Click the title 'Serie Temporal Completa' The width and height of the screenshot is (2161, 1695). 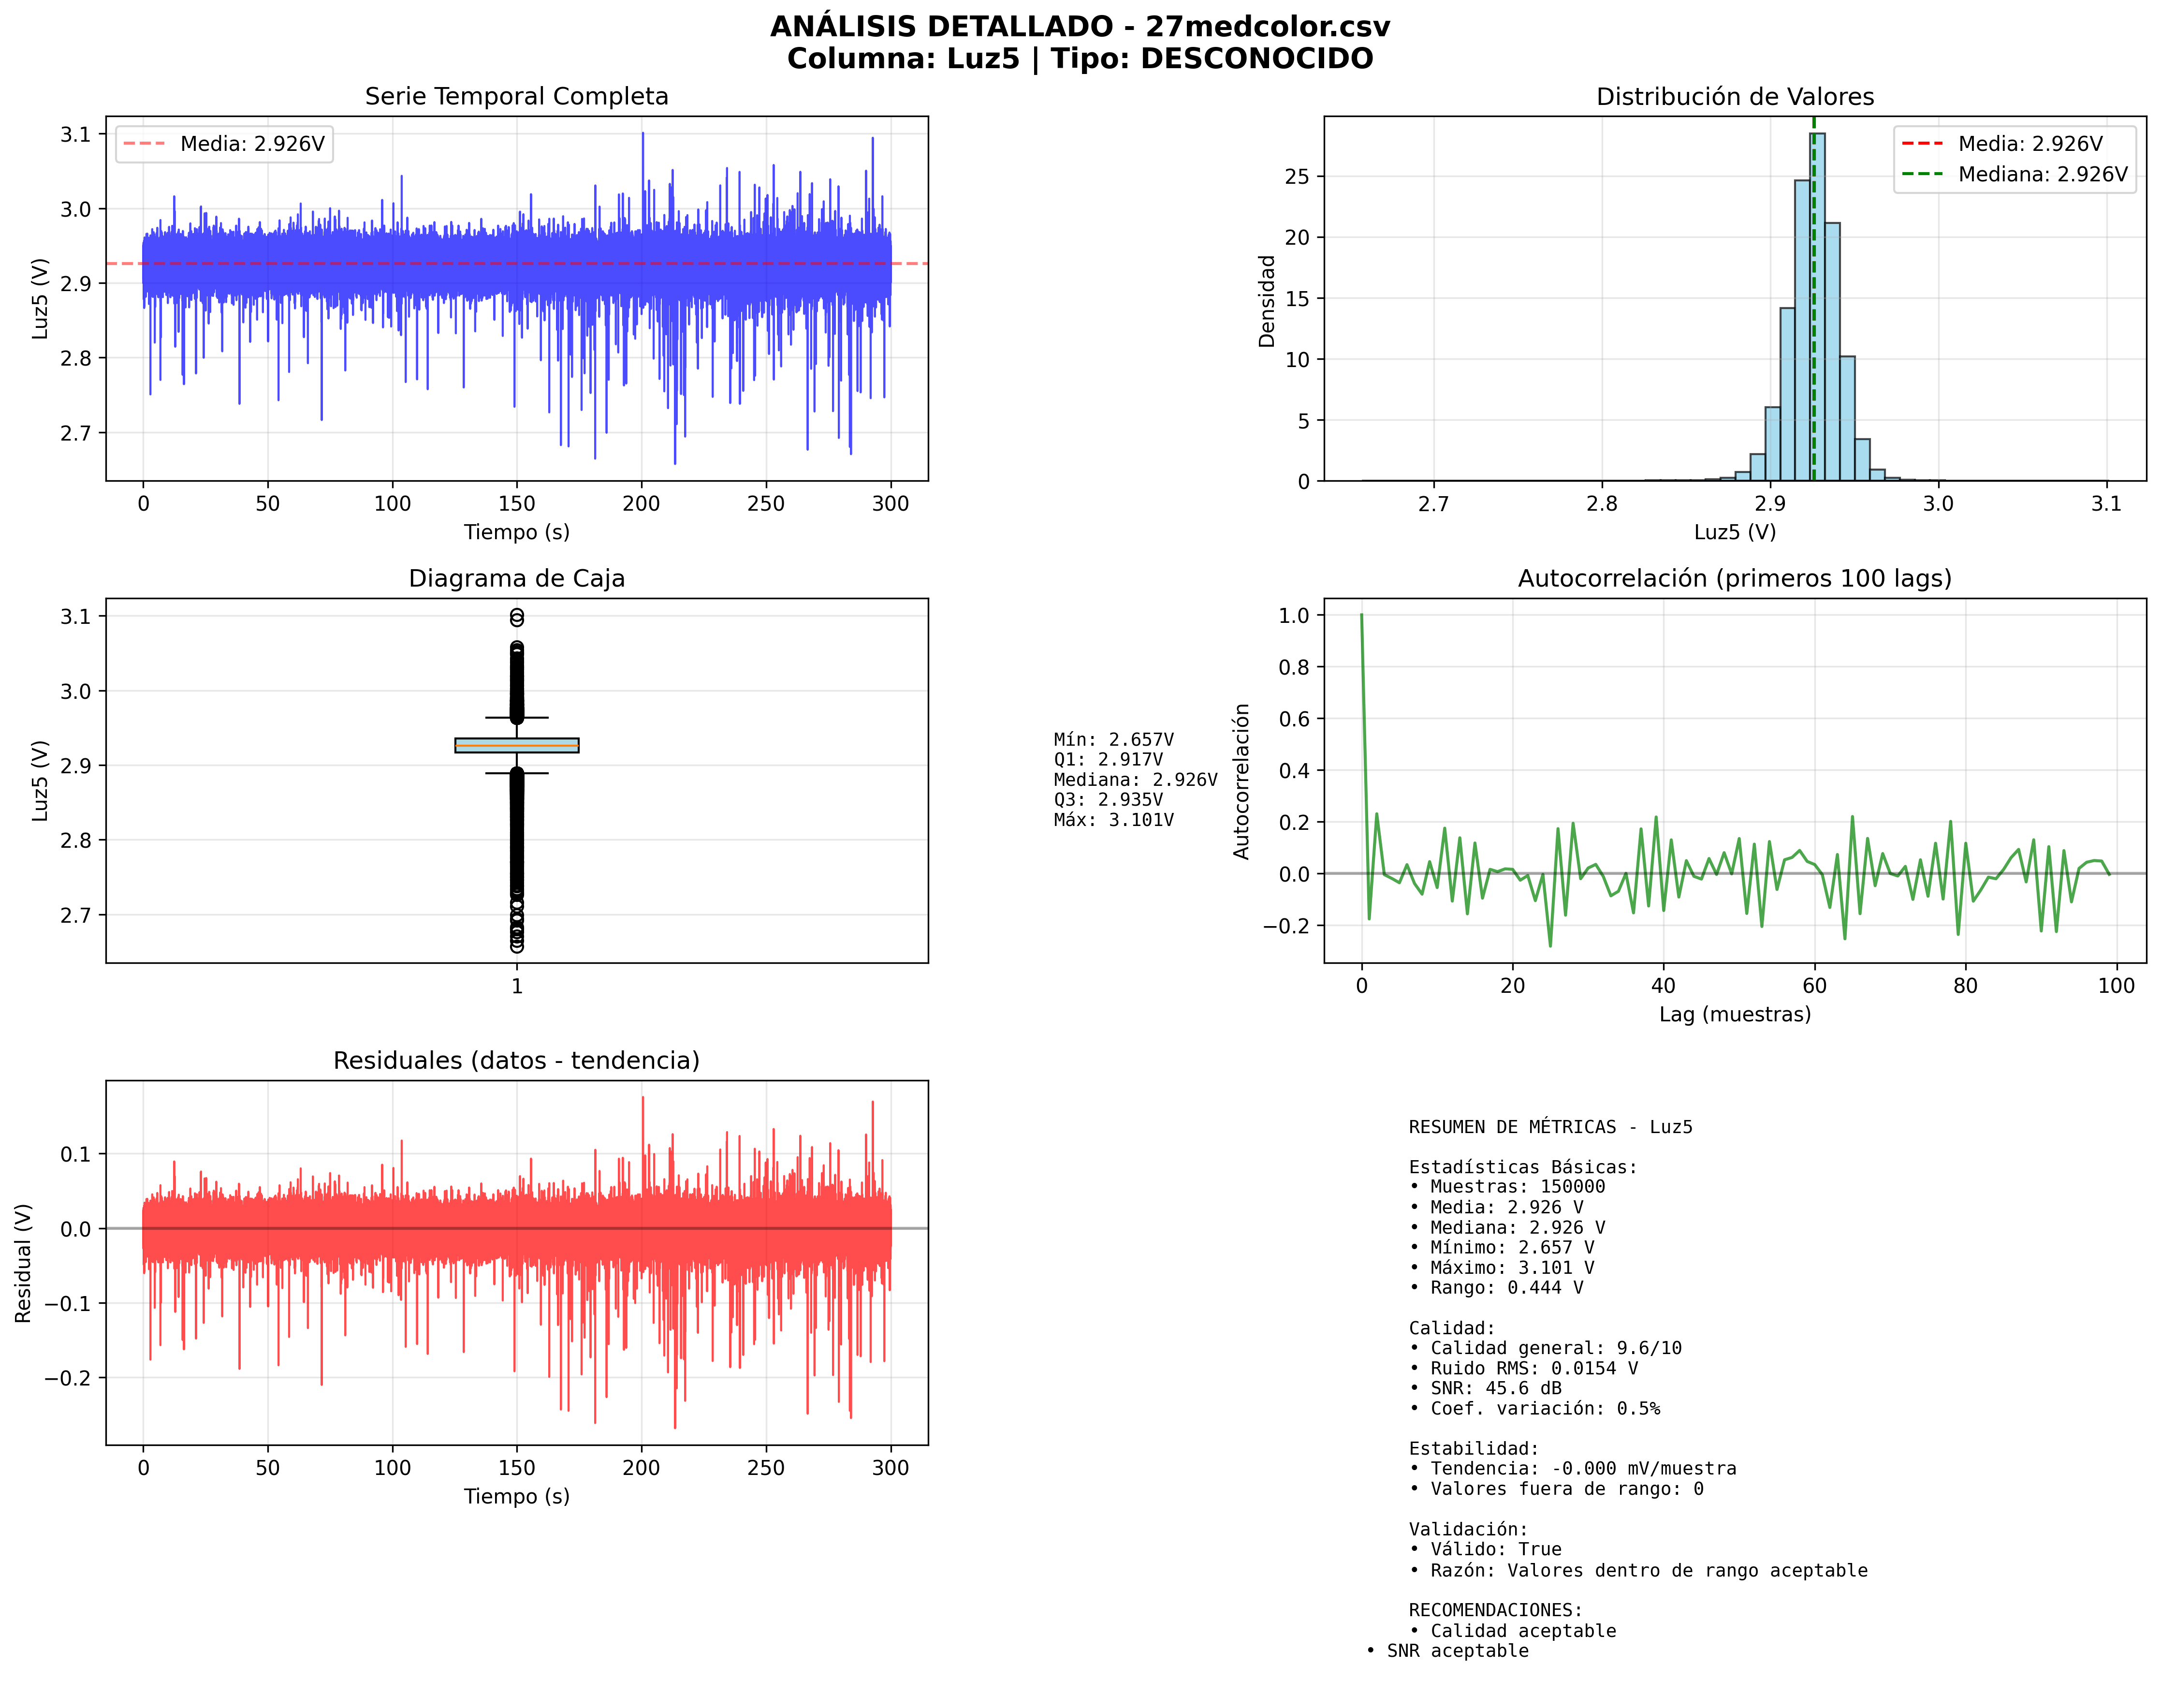(516, 96)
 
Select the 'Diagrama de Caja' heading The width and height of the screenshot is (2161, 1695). (516, 578)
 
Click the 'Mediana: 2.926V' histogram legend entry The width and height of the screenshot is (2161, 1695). (2042, 175)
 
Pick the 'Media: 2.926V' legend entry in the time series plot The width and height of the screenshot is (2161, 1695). (252, 144)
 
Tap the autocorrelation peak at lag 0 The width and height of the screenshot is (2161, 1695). (1361, 616)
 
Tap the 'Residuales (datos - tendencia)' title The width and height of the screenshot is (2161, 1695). (516, 1061)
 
